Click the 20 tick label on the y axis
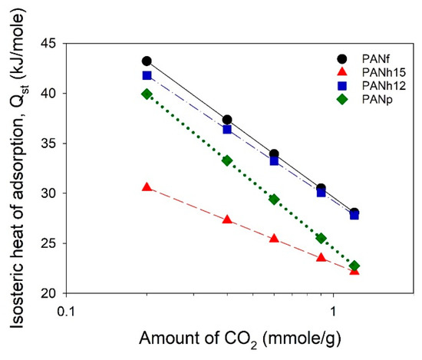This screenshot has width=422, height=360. [52, 293]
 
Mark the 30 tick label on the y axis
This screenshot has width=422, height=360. [52, 193]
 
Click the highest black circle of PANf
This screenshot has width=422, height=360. [147, 61]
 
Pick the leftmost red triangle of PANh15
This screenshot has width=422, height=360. [147, 187]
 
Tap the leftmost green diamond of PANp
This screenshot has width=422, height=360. [147, 94]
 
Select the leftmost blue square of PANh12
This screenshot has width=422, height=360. [147, 75]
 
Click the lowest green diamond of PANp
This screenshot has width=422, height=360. [354, 266]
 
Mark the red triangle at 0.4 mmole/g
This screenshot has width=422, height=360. [226, 220]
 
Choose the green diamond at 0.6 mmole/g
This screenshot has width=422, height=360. [274, 199]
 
